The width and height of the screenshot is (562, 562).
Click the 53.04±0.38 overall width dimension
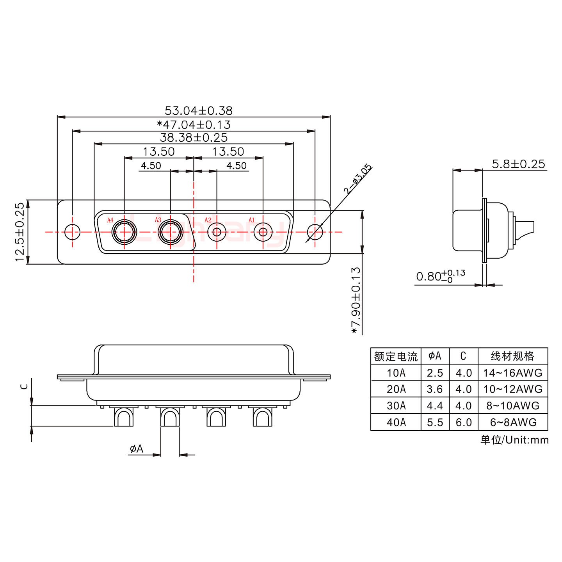tap(198, 111)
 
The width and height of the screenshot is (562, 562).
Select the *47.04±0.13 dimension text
tap(194, 125)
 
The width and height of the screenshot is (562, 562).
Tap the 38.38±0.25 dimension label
tap(194, 138)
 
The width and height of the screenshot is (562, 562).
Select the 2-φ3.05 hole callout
tap(357, 180)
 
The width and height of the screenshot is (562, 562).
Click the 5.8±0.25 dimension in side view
tap(518, 164)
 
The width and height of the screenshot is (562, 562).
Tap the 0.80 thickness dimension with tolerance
tap(440, 276)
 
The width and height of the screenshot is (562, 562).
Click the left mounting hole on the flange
tap(72, 232)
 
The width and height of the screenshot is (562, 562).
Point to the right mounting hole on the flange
tap(315, 232)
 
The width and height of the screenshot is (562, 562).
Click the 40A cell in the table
tap(396, 422)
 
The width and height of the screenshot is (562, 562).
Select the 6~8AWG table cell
tap(513, 422)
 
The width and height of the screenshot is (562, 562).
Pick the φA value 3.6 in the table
tap(435, 389)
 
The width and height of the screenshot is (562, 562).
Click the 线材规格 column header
tap(512, 356)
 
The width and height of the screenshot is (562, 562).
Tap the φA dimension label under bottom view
tap(137, 449)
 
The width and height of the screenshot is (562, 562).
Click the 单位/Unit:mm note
tap(514, 440)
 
